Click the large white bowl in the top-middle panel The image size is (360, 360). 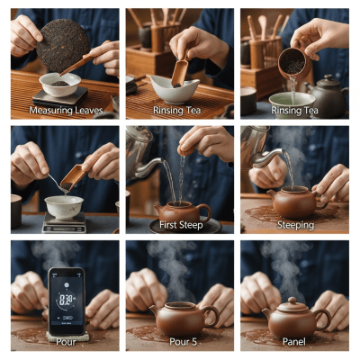(x=175, y=88)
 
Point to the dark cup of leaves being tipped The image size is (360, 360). (x=290, y=61)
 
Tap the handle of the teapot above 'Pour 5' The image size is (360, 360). (x=211, y=315)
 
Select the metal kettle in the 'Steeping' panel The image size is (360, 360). (x=256, y=148)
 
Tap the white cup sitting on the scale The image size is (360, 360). (x=65, y=206)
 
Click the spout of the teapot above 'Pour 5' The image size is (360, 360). (x=155, y=311)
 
